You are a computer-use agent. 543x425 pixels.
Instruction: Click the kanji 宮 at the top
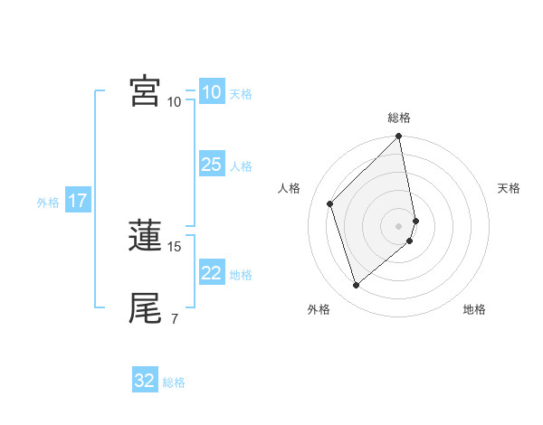pos(145,91)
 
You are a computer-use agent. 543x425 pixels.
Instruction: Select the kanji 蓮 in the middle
pos(145,236)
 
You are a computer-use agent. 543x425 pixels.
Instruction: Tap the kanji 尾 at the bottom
pos(145,308)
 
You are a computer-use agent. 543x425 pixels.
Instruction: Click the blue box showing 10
pos(211,92)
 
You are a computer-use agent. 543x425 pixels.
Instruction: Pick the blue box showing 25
pos(211,165)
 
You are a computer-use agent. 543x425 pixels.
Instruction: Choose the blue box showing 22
pos(211,273)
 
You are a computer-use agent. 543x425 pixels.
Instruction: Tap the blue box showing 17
pos(77,201)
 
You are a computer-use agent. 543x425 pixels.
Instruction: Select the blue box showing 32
pos(145,381)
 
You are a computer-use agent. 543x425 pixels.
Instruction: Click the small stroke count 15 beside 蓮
pos(175,246)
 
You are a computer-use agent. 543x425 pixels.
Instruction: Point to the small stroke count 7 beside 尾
pos(175,318)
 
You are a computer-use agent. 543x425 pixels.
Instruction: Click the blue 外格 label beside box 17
pos(48,203)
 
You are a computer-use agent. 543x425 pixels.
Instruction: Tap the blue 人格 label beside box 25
pos(241,166)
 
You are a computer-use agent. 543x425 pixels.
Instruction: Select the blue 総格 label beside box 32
pos(174,382)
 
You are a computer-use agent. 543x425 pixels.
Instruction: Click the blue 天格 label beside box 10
pos(241,94)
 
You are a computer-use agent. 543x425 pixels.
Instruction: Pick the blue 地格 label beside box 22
pos(241,275)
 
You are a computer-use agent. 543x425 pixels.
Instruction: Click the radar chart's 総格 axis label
pos(399,118)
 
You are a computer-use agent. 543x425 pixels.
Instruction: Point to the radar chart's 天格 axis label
pos(509,188)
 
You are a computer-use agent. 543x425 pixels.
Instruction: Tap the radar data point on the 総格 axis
pos(399,137)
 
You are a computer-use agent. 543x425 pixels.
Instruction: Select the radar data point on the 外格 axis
pos(356,286)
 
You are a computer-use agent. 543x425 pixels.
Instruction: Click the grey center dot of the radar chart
pos(399,226)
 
